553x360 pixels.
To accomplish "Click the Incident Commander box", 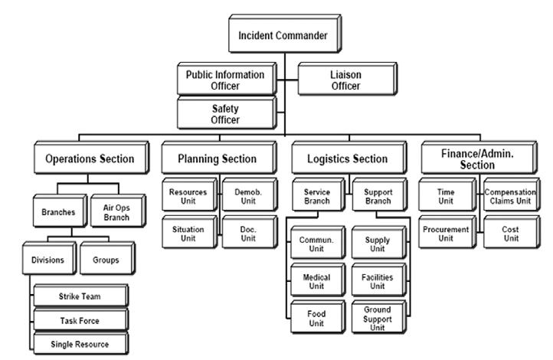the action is [x=285, y=34].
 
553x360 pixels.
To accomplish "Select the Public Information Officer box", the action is [x=227, y=79].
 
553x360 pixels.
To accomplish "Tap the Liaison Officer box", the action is [x=348, y=79].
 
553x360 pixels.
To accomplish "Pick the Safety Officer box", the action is [x=227, y=113].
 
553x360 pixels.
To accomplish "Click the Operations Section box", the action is [x=91, y=158].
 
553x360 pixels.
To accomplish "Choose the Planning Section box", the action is [x=219, y=158].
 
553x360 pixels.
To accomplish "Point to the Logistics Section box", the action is [x=349, y=158].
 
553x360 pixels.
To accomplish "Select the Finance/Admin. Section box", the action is [x=479, y=158].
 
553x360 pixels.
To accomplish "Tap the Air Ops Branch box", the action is [x=118, y=211].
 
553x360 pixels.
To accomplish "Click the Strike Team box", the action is [x=80, y=296].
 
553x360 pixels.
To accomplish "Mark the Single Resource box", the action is [x=80, y=343].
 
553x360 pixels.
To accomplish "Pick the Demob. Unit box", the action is [x=250, y=195].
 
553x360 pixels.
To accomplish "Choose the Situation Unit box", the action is [x=190, y=232].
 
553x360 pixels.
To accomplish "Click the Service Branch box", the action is [x=318, y=195].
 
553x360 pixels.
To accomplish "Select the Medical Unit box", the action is [x=318, y=280].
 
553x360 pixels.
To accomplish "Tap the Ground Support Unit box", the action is [x=379, y=317].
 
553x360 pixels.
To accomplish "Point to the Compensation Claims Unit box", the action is [x=512, y=195].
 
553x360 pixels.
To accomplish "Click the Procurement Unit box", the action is [x=447, y=232].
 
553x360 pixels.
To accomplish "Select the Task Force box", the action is [x=80, y=319].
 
